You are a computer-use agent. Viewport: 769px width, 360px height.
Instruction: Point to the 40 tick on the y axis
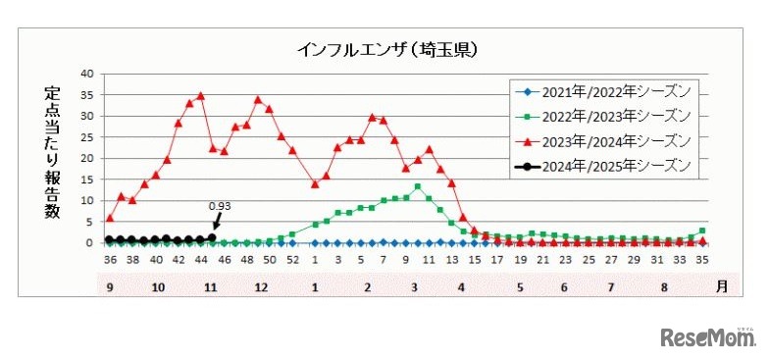pyautogui.click(x=88, y=74)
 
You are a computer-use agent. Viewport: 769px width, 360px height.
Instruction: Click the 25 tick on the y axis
pyautogui.click(x=88, y=137)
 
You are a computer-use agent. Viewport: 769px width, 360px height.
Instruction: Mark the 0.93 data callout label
pyautogui.click(x=221, y=207)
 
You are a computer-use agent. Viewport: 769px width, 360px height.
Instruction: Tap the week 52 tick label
pyautogui.click(x=292, y=261)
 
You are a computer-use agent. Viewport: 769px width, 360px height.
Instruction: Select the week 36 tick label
pyautogui.click(x=109, y=261)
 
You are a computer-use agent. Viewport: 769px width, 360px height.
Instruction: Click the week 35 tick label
pyautogui.click(x=701, y=261)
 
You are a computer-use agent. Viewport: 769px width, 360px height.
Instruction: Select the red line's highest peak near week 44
pyautogui.click(x=200, y=96)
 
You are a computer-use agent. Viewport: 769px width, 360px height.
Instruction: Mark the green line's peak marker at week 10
pyautogui.click(x=418, y=186)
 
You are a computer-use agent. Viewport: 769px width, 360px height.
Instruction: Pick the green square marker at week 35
pyautogui.click(x=702, y=231)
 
